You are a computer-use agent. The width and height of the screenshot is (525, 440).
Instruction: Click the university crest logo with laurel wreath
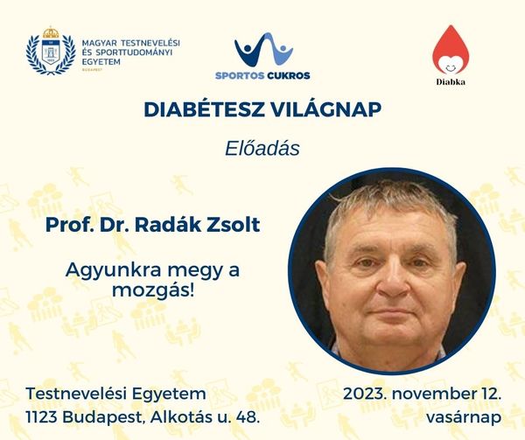tap(51, 50)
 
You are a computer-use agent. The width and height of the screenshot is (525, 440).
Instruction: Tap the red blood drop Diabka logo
tap(451, 50)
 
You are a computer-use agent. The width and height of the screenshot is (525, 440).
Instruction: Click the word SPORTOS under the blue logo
tap(240, 75)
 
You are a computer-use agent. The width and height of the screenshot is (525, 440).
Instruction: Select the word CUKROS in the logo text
tap(289, 75)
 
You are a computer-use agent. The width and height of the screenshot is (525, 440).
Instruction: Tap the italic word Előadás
tap(262, 149)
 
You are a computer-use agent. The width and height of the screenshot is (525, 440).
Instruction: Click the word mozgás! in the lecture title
tap(153, 290)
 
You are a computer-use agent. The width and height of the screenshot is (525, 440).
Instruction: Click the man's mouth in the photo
tap(391, 313)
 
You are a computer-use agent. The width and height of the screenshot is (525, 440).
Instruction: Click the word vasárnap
tap(464, 417)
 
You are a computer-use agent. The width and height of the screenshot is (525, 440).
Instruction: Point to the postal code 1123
tap(42, 417)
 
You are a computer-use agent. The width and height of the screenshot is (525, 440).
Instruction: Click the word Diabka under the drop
tap(451, 81)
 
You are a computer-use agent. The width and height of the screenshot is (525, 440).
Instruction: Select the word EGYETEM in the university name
tap(101, 62)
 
